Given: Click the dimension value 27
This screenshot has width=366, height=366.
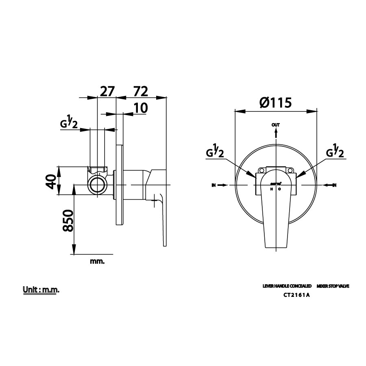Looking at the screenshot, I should tap(107, 91).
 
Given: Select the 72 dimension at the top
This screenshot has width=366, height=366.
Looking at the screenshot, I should tap(140, 91).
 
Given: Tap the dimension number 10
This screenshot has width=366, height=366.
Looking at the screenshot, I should tap(140, 108).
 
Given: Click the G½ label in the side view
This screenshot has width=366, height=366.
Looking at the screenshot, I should tap(70, 123).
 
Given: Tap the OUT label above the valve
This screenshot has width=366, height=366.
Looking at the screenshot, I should tap(276, 125).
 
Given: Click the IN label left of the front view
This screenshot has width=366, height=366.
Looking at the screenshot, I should tap(214, 185).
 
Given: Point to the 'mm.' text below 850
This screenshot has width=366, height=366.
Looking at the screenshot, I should tap(97, 261).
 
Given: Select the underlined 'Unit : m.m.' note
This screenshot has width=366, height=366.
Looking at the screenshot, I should tap(41, 290).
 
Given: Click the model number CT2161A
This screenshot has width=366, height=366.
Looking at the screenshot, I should tap(297, 296).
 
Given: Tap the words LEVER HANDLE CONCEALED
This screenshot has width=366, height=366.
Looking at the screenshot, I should tap(287, 286).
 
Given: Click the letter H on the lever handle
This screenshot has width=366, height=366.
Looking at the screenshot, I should tap(272, 189).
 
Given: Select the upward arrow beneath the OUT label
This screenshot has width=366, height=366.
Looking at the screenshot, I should tap(276, 133).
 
